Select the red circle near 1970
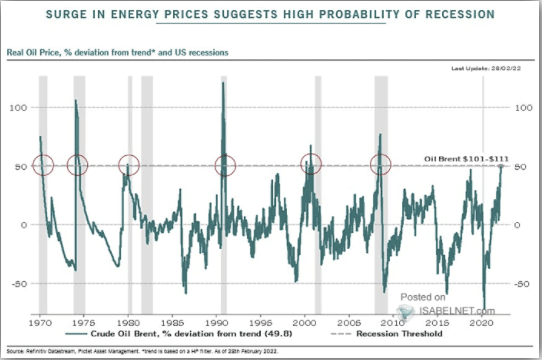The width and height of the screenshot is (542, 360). tap(42, 165)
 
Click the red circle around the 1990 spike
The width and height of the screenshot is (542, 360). tap(226, 165)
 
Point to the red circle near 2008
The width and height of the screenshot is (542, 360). tap(381, 165)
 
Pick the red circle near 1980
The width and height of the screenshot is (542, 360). tap(128, 165)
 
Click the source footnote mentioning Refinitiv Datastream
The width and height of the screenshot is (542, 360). tap(150, 350)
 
